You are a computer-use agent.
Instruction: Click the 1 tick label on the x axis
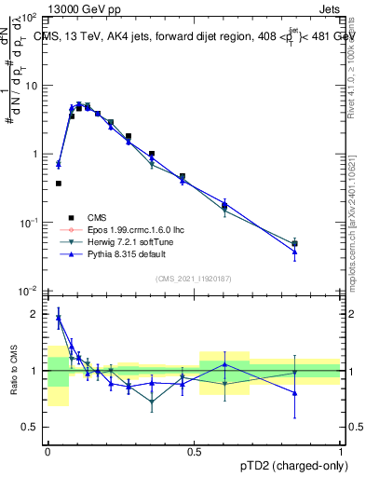[x=341, y=452]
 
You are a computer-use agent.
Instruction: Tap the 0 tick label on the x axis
[x=47, y=452]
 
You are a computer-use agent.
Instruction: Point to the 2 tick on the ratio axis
[x=36, y=315]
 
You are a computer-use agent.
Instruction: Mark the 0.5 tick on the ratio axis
[x=33, y=427]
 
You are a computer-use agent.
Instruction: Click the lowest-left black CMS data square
[x=59, y=184]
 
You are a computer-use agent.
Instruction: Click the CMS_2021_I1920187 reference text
[x=194, y=278]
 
